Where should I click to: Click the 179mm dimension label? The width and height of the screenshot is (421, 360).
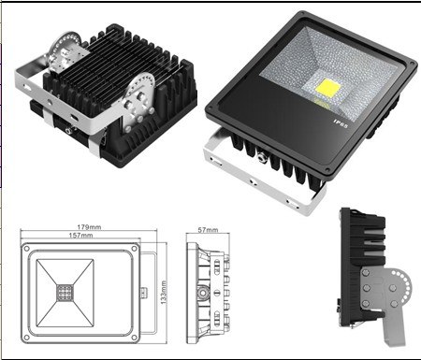tap(89, 227)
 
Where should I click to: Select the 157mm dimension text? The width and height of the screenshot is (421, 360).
tap(80, 235)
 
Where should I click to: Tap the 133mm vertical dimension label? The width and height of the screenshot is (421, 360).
tap(164, 293)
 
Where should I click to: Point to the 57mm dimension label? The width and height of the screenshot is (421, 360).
tap(208, 230)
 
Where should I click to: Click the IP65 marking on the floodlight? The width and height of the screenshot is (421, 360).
tap(341, 122)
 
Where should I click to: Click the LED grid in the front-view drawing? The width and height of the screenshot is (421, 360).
tap(65, 293)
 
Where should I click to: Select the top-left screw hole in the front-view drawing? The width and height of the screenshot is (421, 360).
tap(27, 249)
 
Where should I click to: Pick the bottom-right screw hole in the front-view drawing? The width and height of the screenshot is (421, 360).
tap(135, 338)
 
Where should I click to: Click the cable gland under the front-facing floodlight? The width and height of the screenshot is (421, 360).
tap(261, 157)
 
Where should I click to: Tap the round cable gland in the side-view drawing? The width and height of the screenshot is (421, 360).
tap(203, 293)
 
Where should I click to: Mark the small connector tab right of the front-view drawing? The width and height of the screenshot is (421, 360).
tap(143, 293)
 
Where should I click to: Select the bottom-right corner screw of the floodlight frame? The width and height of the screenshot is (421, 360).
tap(327, 170)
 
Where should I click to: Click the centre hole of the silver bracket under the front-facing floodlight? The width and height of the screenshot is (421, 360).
tap(253, 181)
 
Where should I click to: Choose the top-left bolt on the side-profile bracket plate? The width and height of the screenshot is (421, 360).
tap(366, 273)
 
